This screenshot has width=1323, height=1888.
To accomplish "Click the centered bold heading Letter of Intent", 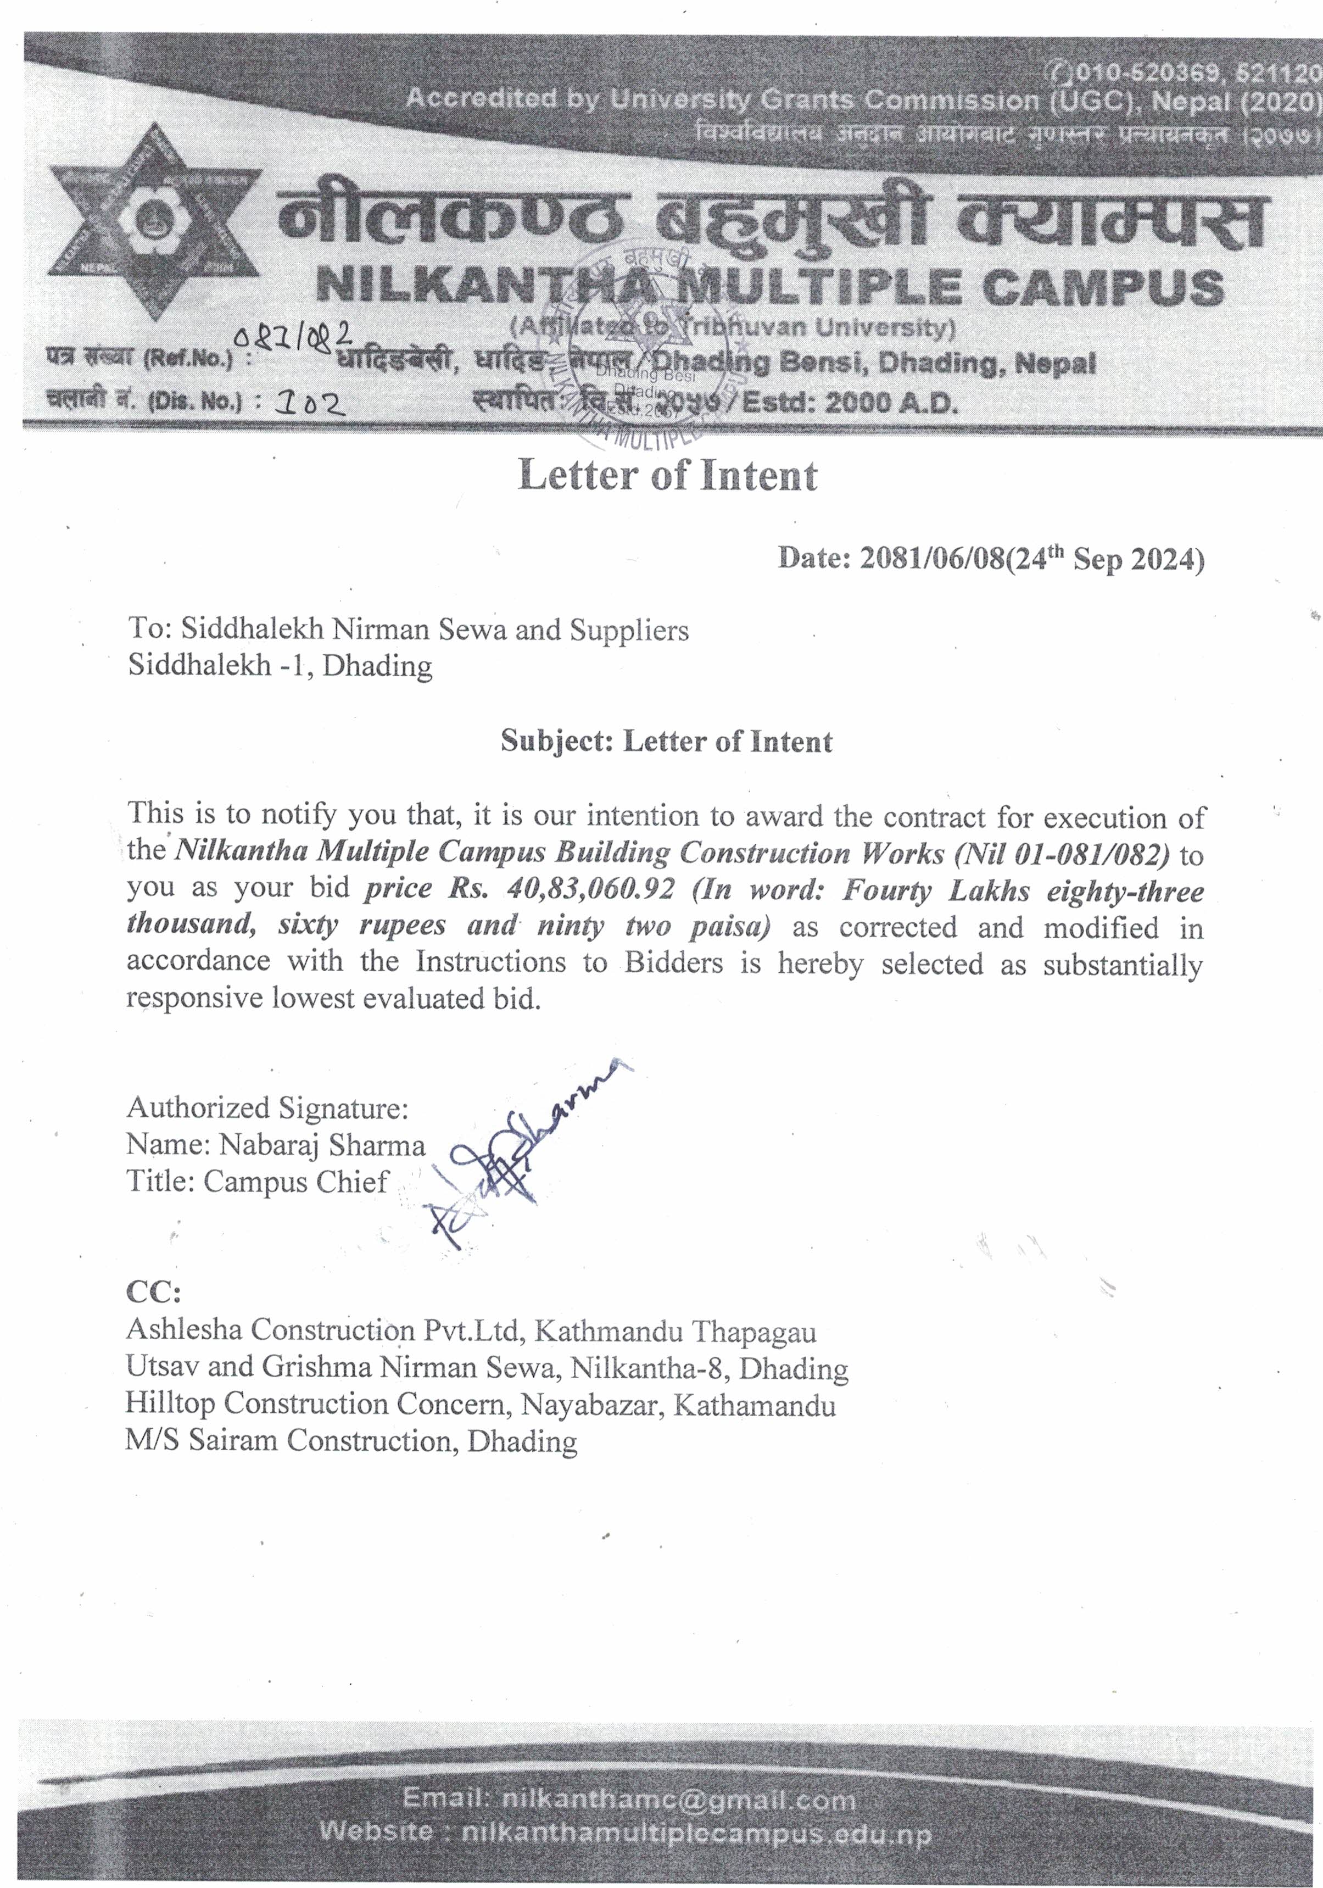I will click(x=668, y=475).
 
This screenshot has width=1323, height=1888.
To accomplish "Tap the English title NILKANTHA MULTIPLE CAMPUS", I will click(x=769, y=288).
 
